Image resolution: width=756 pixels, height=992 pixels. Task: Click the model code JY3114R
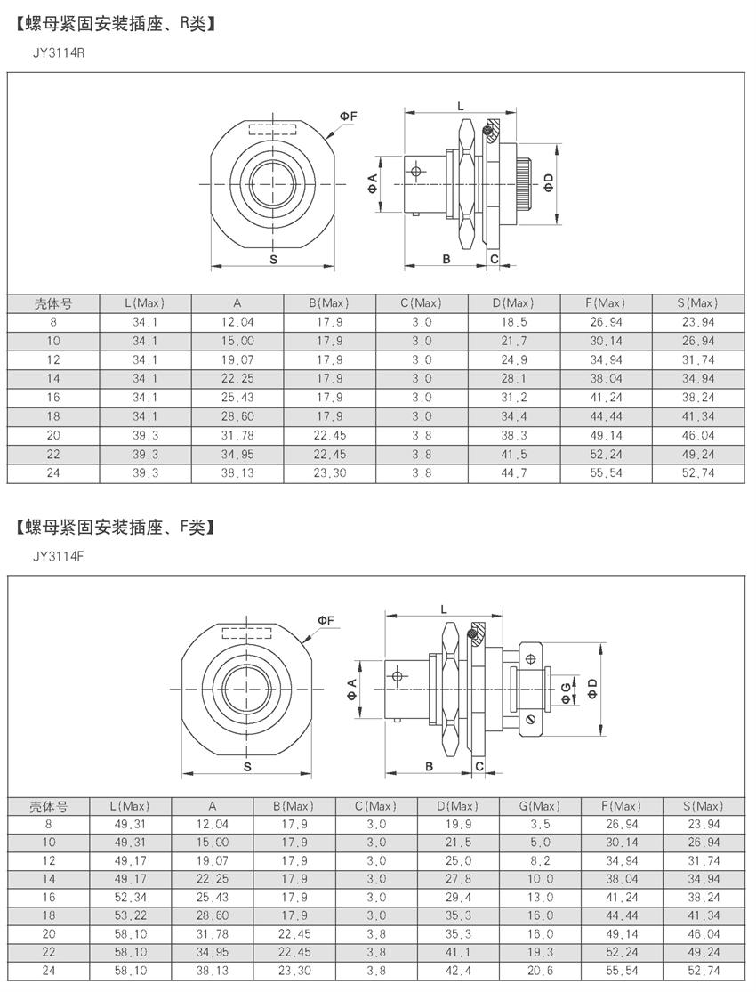coord(59,53)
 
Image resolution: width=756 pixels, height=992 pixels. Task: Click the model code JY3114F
coord(59,557)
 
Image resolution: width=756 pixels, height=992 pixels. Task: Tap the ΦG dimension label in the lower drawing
coord(567,691)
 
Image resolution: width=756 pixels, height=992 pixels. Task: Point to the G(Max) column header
coord(540,806)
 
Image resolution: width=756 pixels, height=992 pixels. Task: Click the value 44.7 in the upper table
coord(514,473)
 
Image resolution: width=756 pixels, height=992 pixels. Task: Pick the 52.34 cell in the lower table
coord(131,897)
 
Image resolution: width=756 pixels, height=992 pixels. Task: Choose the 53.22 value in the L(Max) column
coord(131,915)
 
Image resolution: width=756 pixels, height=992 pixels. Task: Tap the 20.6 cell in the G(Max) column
coord(540,971)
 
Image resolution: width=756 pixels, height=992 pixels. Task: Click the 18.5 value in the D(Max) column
coord(514,322)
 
